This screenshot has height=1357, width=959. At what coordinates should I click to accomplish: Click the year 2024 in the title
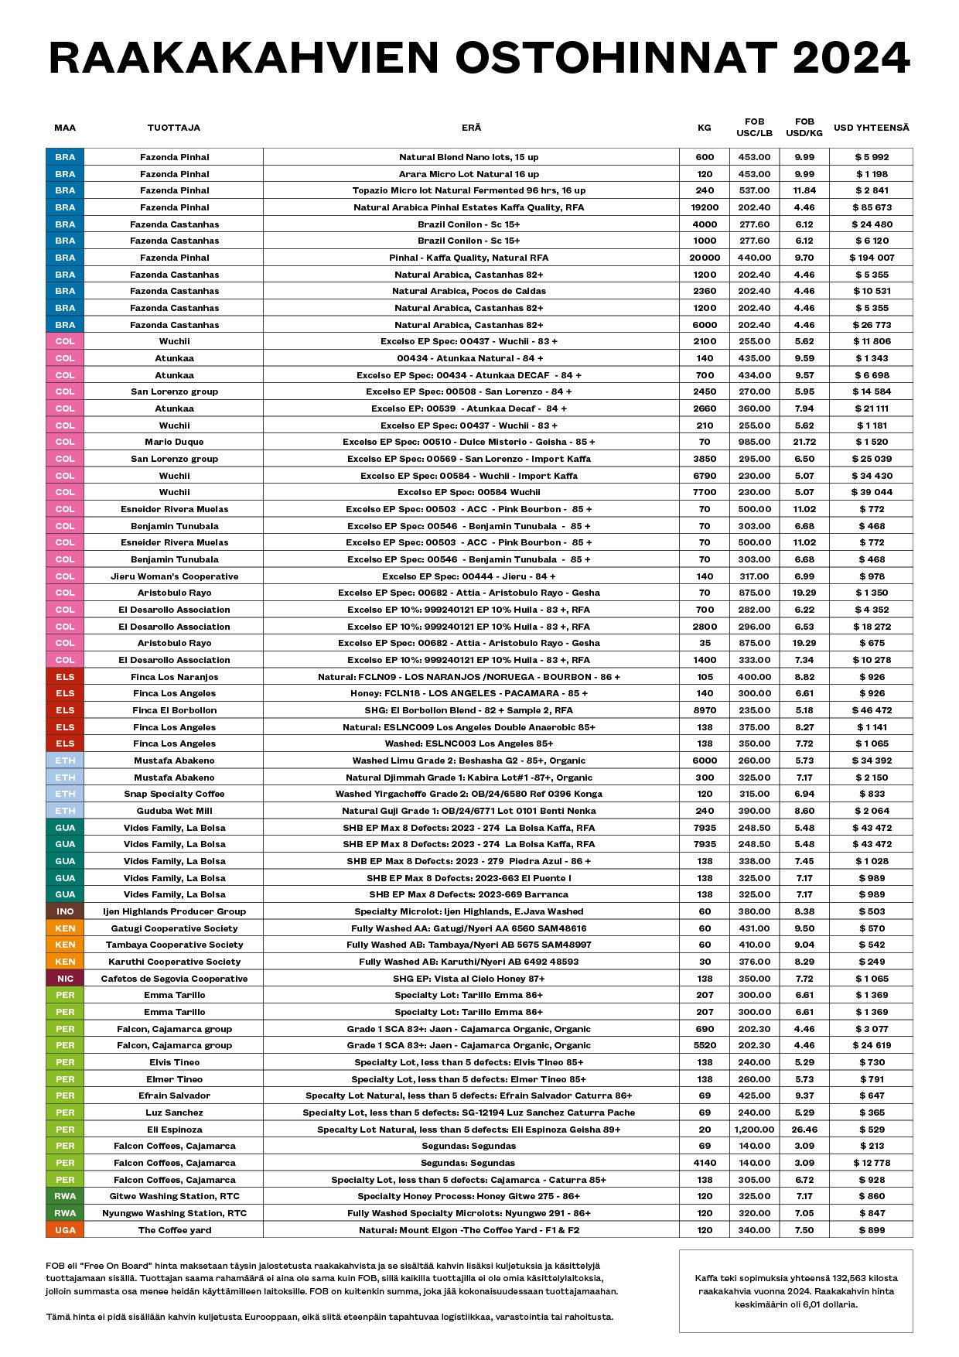point(851,58)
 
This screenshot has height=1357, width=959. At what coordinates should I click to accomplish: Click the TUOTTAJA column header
point(174,128)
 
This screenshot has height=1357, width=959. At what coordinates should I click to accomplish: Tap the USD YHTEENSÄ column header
point(871,128)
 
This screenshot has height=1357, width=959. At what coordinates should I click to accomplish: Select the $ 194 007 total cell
point(872,258)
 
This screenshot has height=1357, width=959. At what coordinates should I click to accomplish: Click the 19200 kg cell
point(705,207)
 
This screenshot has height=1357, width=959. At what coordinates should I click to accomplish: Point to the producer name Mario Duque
point(174,442)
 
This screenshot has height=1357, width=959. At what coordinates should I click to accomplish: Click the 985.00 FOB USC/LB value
point(754,442)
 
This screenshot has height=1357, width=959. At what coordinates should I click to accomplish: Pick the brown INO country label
point(65,911)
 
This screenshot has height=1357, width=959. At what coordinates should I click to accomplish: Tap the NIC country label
point(65,979)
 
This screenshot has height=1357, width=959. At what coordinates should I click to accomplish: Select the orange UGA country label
point(65,1230)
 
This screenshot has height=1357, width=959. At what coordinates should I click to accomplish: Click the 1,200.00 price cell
point(754,1130)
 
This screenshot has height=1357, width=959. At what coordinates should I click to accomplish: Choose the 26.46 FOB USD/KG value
point(804,1130)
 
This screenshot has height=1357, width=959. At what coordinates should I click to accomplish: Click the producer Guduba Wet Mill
point(174,811)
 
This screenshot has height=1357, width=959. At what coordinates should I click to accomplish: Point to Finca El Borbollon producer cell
point(174,710)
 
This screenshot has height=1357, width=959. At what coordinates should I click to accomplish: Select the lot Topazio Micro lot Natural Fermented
point(469,190)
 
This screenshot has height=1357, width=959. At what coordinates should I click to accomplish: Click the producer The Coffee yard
point(174,1230)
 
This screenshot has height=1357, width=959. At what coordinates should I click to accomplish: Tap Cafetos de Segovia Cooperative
point(174,979)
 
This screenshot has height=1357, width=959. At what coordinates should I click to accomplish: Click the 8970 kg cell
point(705,710)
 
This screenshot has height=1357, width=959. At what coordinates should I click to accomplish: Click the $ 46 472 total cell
point(872,710)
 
